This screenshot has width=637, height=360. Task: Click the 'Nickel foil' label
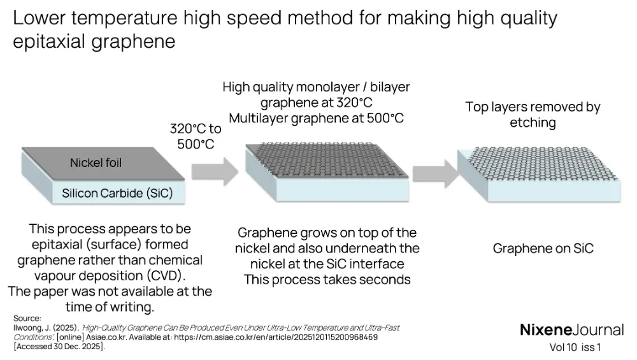coord(96,163)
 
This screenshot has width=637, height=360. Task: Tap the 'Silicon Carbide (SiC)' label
coord(117,193)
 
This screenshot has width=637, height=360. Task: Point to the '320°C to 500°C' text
coord(196,136)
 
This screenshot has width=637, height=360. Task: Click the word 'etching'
coord(533,122)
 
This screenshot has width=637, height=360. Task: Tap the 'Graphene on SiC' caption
coord(543,248)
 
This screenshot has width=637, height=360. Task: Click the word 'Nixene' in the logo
coord(545,330)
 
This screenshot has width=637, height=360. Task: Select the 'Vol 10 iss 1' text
coord(575,348)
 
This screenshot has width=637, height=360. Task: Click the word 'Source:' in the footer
coord(27,318)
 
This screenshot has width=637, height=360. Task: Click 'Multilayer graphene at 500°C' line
coord(316,118)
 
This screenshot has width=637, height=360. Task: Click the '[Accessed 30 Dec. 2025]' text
coord(59,347)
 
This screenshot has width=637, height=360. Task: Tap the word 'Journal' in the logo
coord(598,330)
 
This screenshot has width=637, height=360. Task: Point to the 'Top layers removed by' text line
coord(533,107)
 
